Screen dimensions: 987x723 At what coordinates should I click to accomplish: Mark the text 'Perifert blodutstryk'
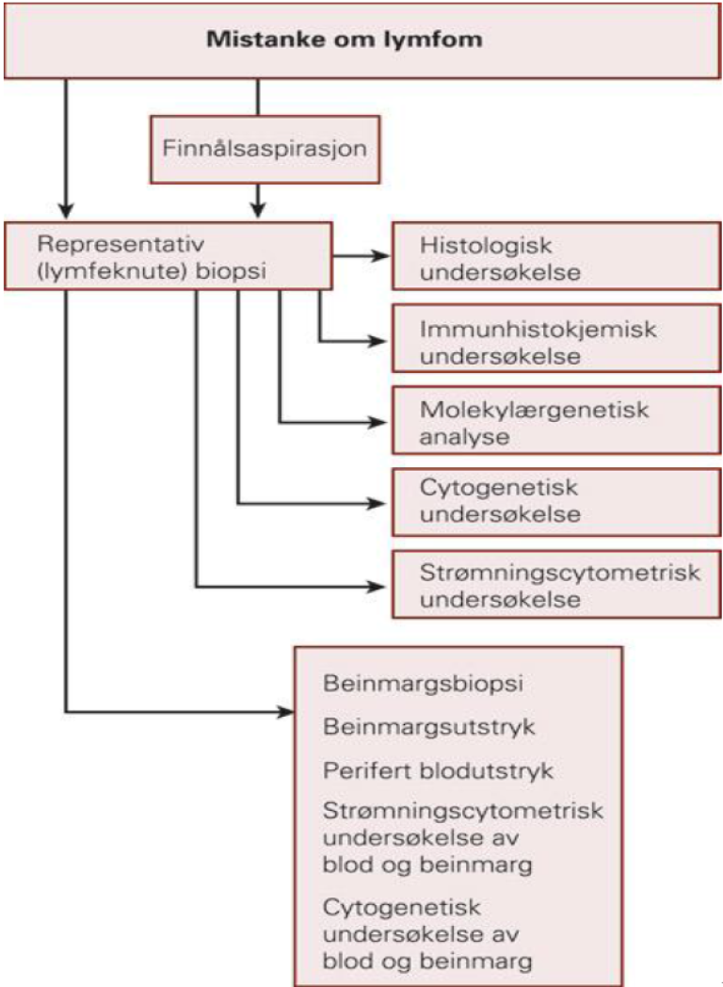(438, 769)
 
